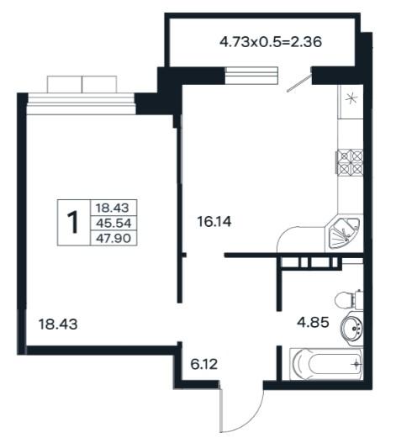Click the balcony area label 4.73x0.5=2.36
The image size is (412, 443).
pos(271,42)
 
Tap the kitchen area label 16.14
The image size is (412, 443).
pos(214,222)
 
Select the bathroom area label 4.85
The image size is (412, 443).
pos(313,322)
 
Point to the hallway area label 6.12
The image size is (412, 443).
pos(204,365)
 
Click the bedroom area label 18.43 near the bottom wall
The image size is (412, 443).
pos(58,324)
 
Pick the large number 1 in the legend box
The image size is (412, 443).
pos(73,223)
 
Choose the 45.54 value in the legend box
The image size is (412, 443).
pos(114,224)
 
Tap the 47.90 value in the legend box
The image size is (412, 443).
pos(114,238)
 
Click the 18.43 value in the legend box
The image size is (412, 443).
pos(113,208)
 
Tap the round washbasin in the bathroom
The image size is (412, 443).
pos(352,329)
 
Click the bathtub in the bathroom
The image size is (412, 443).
pos(326,364)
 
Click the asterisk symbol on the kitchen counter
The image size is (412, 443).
pos(351,99)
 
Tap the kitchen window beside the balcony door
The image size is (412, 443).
pos(251,76)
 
